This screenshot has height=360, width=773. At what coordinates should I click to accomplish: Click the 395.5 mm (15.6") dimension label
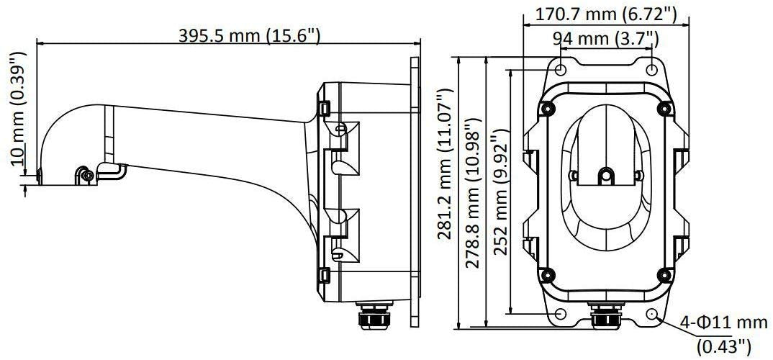pos(249,36)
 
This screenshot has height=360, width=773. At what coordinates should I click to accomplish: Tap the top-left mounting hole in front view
pos(561,68)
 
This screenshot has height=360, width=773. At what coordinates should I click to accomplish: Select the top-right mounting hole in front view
pos(651,68)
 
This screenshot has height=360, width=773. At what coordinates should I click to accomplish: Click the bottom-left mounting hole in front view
pos(561,315)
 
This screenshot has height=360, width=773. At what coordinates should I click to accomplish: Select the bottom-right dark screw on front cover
pos(664,274)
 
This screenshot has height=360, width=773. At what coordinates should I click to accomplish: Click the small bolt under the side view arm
pos(86,175)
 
